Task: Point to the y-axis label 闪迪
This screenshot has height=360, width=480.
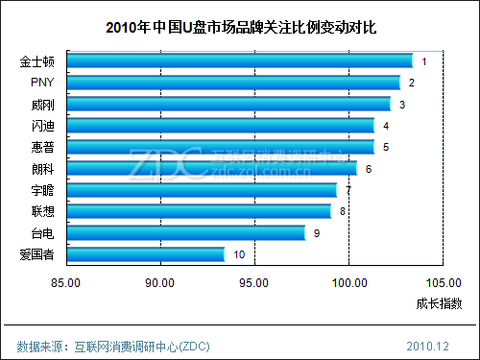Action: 43,126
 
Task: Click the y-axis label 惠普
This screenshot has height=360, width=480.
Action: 43,147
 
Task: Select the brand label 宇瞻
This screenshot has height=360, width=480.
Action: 43,190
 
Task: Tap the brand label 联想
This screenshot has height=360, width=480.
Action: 43,211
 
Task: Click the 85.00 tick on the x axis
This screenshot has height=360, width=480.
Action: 67,282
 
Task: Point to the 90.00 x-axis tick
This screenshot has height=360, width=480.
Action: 160,282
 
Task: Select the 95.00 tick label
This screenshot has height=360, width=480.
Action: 254,282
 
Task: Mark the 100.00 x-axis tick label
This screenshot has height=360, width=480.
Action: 348,282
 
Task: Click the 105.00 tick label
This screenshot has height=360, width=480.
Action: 443,282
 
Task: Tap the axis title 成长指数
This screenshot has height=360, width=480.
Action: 439,304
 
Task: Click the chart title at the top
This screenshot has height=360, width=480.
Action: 240,28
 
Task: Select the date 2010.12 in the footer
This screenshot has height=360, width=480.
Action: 428,345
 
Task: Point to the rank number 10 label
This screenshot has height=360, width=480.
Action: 239,254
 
